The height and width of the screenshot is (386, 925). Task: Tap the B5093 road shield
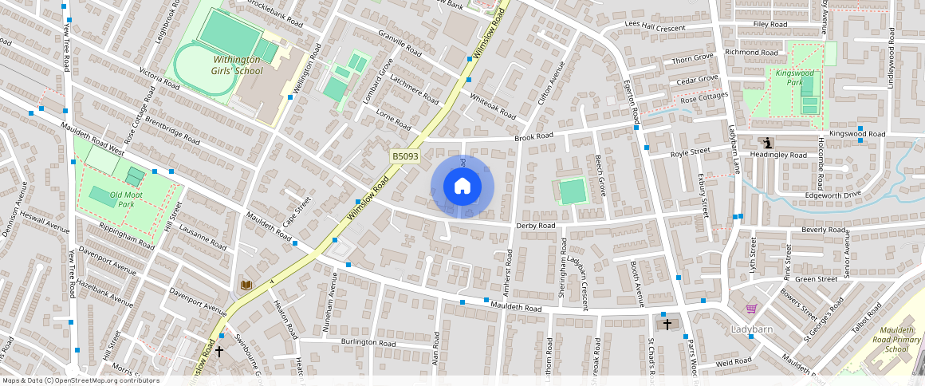(x=405, y=157)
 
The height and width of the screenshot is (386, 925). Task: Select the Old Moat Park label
(x=110, y=199)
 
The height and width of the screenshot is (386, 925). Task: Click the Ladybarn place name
(x=751, y=329)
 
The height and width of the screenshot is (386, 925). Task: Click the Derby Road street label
(x=535, y=226)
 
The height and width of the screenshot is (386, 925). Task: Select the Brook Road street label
(x=533, y=137)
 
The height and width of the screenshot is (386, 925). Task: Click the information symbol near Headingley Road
(x=767, y=144)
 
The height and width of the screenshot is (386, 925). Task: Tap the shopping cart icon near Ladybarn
(x=750, y=309)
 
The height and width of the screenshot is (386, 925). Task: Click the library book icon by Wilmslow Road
(x=246, y=285)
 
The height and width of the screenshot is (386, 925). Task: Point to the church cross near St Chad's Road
(x=667, y=325)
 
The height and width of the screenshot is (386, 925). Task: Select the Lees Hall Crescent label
(x=655, y=28)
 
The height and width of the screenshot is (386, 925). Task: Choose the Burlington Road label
(x=368, y=342)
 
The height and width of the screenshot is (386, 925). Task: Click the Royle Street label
(x=690, y=152)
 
